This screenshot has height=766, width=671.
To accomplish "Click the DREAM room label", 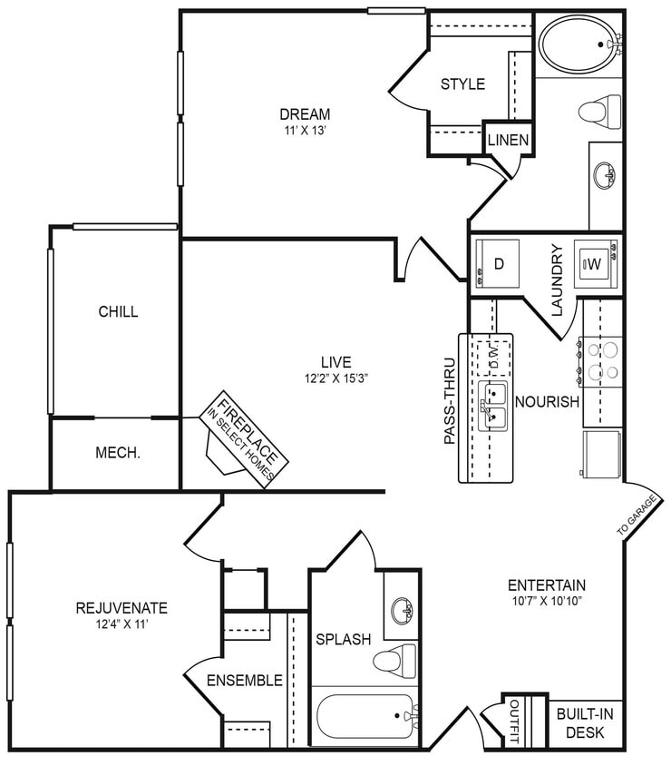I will click(x=304, y=114).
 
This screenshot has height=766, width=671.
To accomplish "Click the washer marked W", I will click(x=596, y=263).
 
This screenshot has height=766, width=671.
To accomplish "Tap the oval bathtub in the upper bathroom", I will click(x=579, y=45).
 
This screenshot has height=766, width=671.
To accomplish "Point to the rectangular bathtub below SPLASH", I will click(x=365, y=720).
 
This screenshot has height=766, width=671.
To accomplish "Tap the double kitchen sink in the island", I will click(x=493, y=405).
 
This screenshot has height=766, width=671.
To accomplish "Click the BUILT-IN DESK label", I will click(x=584, y=722).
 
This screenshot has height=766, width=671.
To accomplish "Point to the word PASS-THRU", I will click(x=450, y=405).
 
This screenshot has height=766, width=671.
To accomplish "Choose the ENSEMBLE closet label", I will click(x=244, y=681).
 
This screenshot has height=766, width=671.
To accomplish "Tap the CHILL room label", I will click(x=118, y=311).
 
